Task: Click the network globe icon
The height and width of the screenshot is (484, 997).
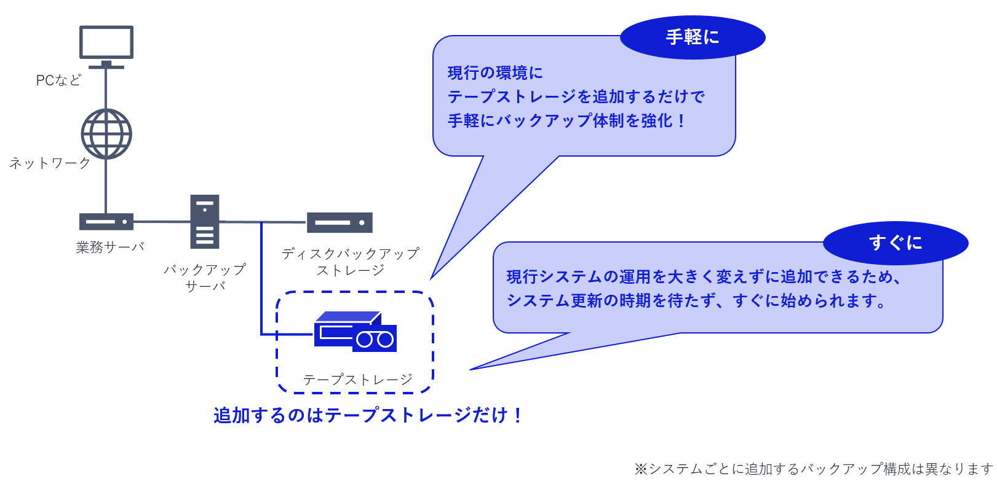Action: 106,134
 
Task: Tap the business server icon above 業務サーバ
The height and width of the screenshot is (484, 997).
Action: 106,222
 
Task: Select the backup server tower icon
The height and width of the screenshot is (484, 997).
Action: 205,222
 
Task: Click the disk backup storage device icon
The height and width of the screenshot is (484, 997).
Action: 340,222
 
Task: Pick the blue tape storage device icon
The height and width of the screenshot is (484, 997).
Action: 354,332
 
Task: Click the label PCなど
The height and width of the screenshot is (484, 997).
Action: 58,80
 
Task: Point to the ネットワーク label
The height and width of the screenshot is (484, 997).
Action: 50,163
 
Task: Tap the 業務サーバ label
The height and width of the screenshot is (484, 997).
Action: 110,247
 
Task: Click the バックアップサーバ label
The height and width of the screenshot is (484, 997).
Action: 205,278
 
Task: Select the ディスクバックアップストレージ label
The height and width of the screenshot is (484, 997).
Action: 351,262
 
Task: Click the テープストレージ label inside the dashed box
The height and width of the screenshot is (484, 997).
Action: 357,380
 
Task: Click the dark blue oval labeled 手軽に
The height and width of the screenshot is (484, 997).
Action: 693,37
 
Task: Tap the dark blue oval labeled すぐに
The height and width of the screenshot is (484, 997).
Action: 896,243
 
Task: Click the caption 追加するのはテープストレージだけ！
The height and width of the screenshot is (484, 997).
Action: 368,416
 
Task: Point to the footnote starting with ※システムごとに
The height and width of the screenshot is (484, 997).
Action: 813,469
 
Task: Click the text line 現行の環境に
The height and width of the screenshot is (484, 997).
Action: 495,73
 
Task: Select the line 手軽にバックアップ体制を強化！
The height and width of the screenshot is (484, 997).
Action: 566,121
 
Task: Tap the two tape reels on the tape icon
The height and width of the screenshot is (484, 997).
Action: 375,339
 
